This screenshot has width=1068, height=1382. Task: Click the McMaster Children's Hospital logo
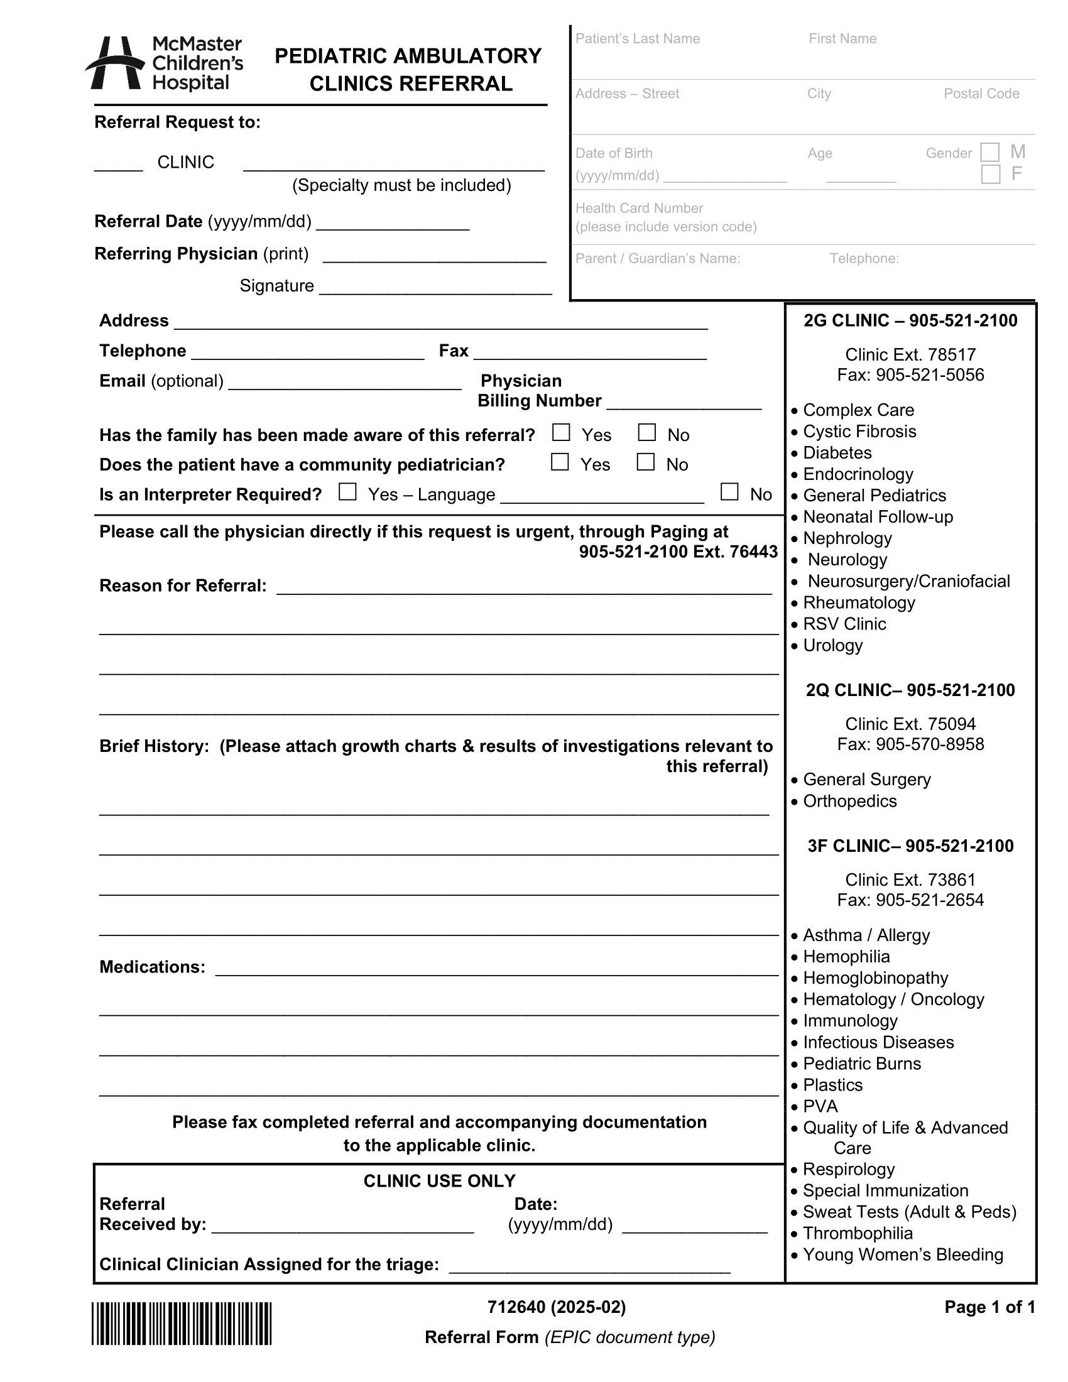[x=165, y=63]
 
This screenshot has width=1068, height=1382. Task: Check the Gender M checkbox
[x=989, y=153]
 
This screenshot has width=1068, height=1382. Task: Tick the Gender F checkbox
[x=990, y=174]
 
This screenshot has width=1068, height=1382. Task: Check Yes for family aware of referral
[x=561, y=433]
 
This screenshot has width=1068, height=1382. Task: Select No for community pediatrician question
[x=645, y=462]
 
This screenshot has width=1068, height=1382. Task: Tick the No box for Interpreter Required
[x=729, y=492]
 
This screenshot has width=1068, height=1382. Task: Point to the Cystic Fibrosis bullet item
[x=859, y=432]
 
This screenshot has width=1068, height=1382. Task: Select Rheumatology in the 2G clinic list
[x=859, y=602]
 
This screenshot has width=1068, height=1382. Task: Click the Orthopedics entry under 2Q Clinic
[x=850, y=801]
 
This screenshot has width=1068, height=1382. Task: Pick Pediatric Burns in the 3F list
[x=862, y=1064]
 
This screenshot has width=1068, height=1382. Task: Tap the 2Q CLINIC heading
[x=910, y=690]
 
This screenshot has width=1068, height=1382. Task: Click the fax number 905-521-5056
[x=929, y=375]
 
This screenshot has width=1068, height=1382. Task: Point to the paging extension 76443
[x=753, y=552]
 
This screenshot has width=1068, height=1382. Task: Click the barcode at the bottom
[x=182, y=1324]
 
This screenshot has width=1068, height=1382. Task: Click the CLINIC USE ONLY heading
[x=439, y=1181]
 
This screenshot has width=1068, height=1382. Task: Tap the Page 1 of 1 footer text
[x=989, y=1307]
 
